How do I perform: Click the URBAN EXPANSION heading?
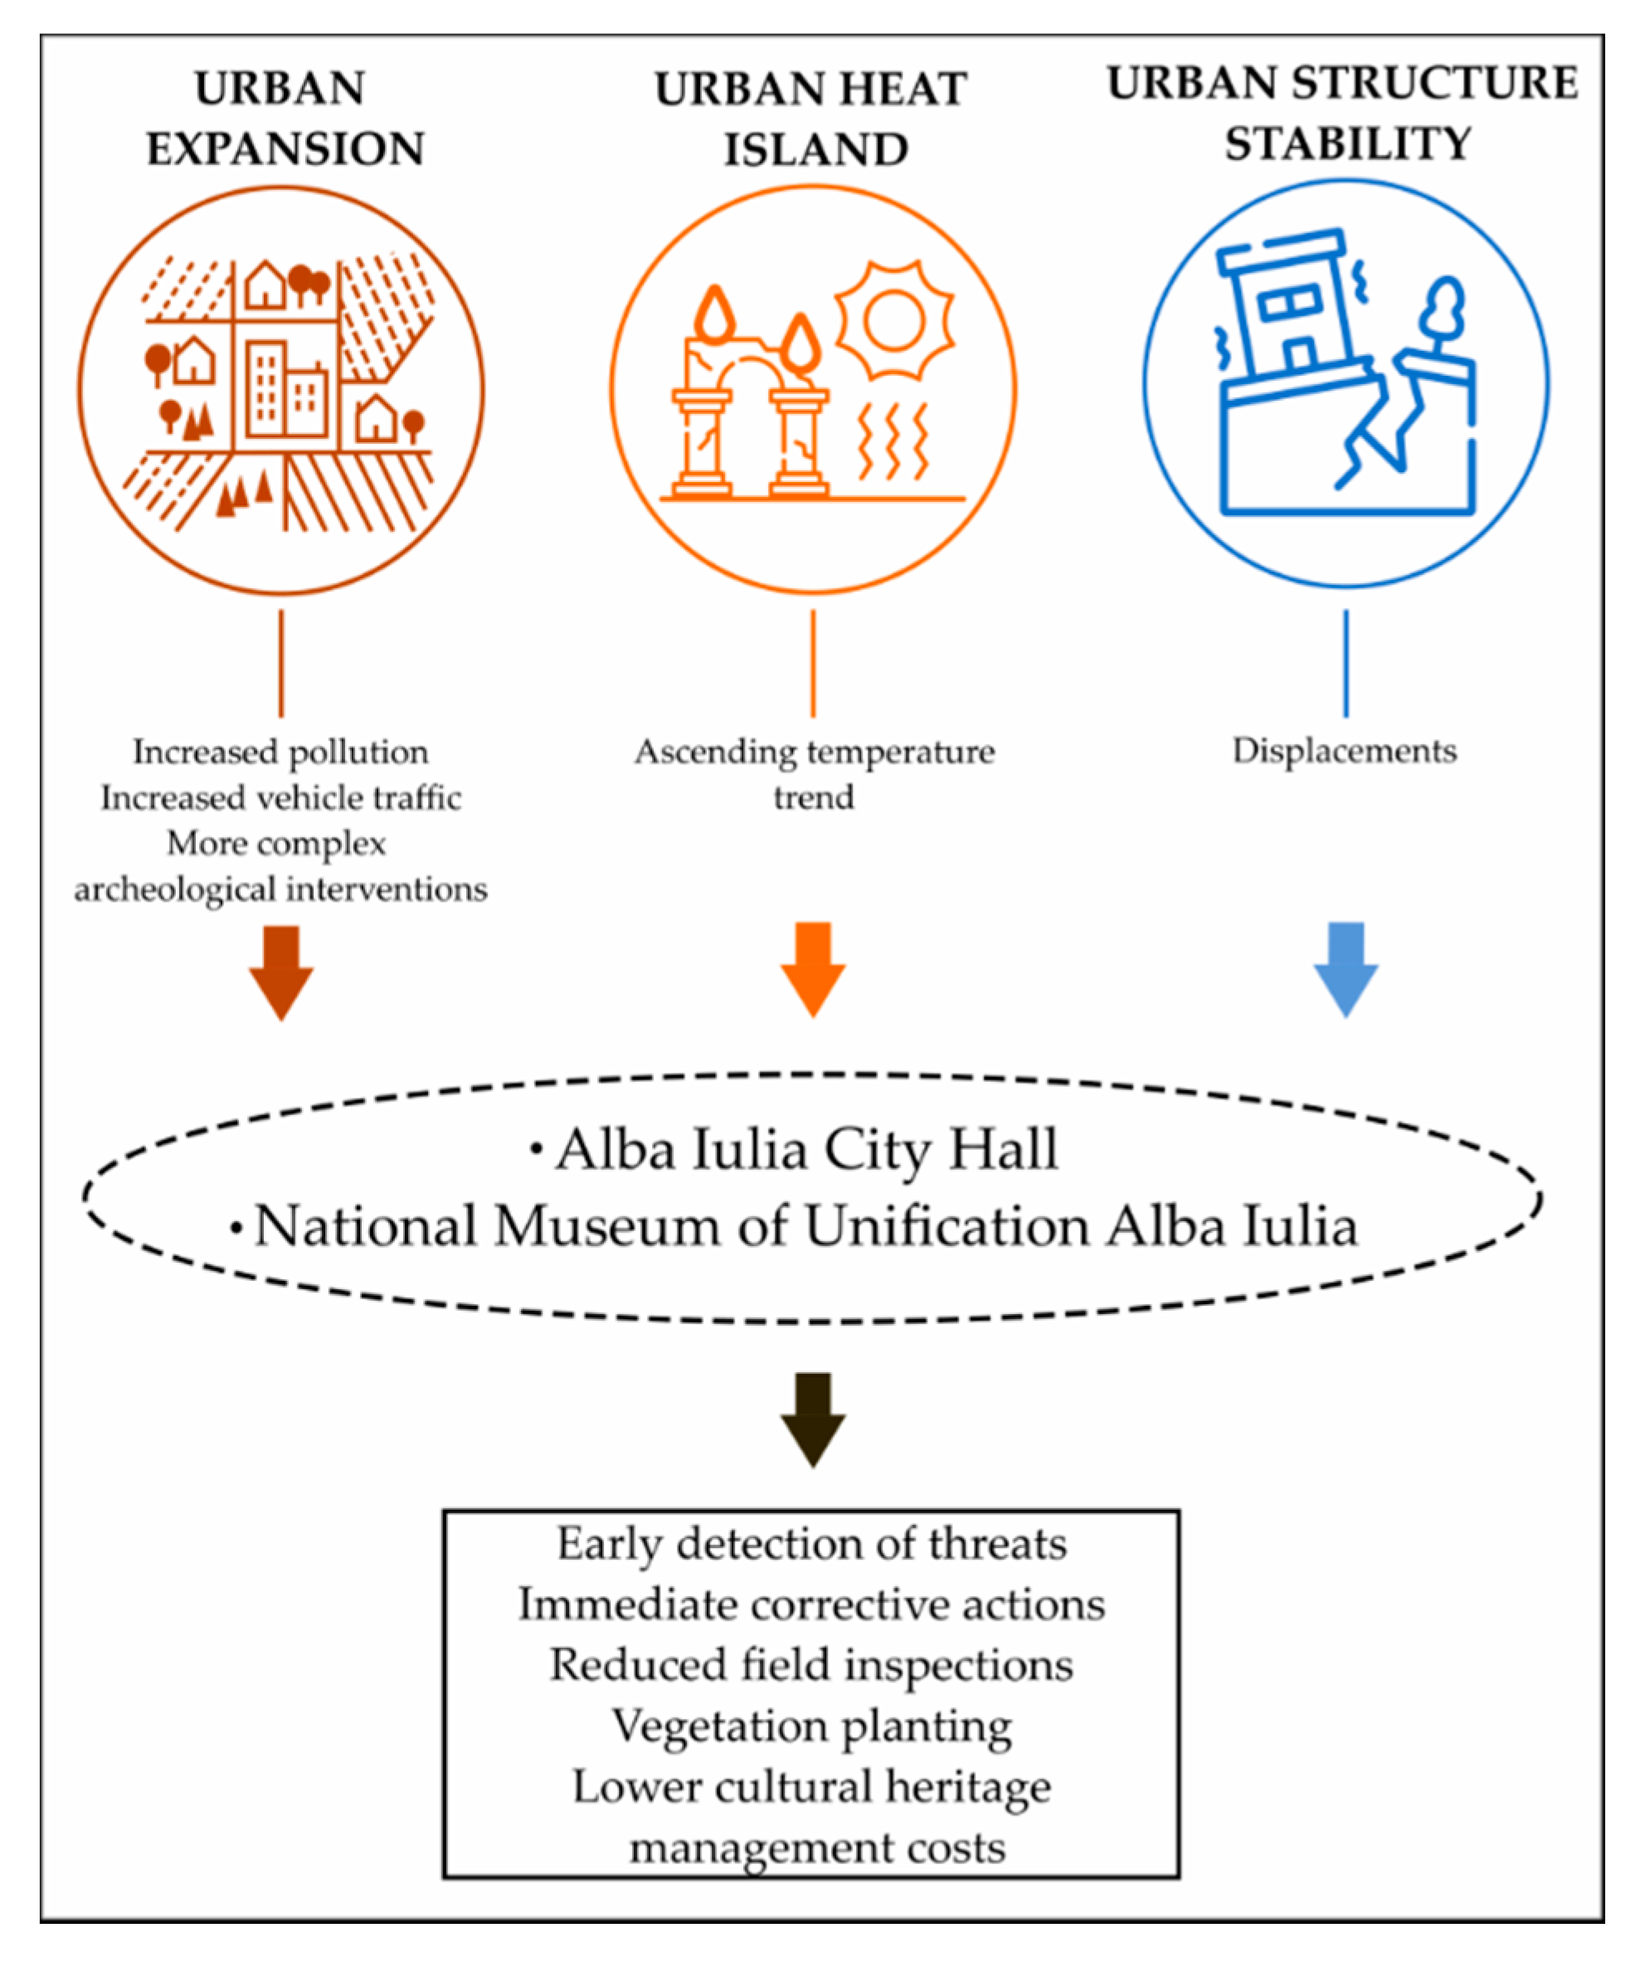point(285,119)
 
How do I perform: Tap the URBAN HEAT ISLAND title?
point(812,119)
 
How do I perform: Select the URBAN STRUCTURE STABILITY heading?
point(1343,113)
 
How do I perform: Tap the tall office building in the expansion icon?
point(266,388)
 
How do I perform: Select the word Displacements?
point(1344,751)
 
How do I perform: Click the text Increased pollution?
point(280,752)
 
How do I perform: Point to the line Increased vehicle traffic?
point(280,798)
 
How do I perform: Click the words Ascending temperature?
point(814,752)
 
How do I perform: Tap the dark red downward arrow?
point(280,971)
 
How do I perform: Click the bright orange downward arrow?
point(813,970)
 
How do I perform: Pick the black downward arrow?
point(813,1419)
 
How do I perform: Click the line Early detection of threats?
point(812,1544)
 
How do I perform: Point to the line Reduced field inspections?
point(812,1666)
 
